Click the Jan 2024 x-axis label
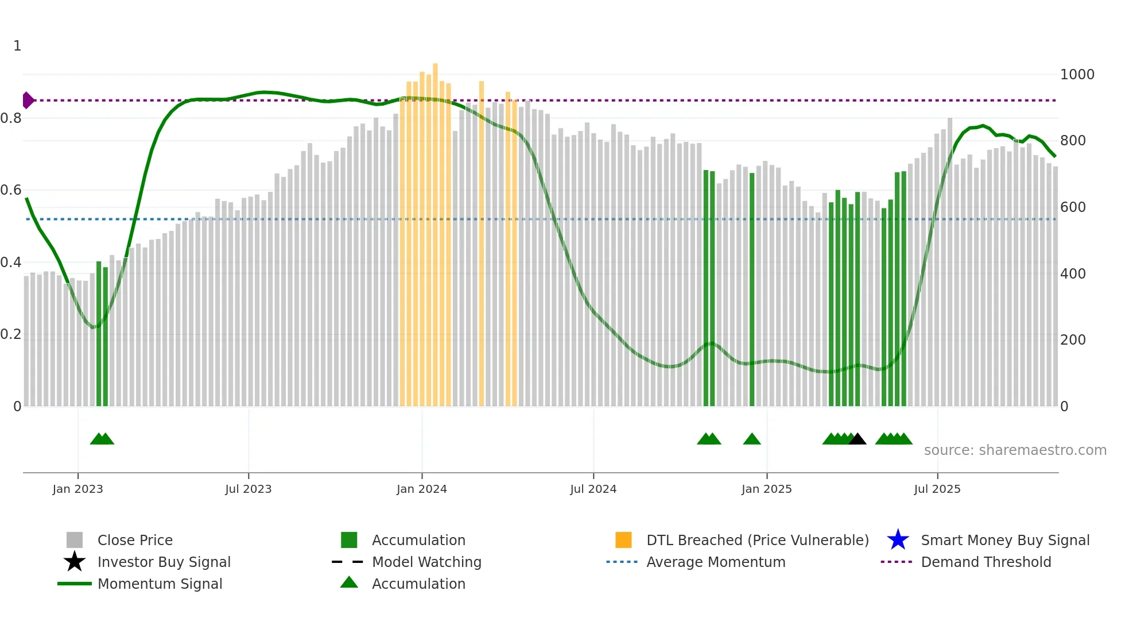(x=421, y=489)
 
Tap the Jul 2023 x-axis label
(x=248, y=489)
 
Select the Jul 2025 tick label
(x=937, y=489)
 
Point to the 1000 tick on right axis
(x=1077, y=75)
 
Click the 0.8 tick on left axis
(x=11, y=118)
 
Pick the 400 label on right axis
(x=1072, y=274)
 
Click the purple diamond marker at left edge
(x=28, y=101)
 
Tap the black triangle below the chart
(x=857, y=439)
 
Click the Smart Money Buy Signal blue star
(x=898, y=540)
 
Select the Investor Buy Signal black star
(x=75, y=562)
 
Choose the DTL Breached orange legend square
(x=623, y=540)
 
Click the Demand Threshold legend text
(x=986, y=562)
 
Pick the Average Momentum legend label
(x=715, y=562)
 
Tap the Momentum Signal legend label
(x=160, y=584)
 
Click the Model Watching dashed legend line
(x=348, y=562)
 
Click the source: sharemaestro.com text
(x=1015, y=450)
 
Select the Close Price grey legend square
(x=75, y=540)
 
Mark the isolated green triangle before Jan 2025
(x=751, y=439)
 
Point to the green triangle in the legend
(x=349, y=582)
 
